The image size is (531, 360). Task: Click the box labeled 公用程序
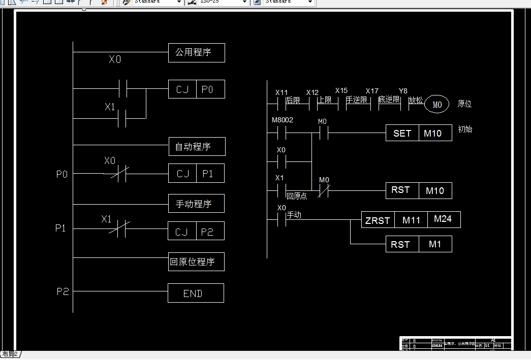[x=196, y=53]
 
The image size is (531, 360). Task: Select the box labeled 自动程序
[x=197, y=147]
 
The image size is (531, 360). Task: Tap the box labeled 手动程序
[x=196, y=204]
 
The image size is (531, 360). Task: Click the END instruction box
[x=196, y=293]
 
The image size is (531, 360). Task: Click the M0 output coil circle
[x=437, y=105]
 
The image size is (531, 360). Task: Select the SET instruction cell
[x=402, y=134]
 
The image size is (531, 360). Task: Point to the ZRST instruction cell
[x=378, y=220]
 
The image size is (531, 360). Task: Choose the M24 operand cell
[x=444, y=219]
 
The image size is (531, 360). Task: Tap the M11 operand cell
[x=411, y=220]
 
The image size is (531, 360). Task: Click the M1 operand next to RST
[x=435, y=244]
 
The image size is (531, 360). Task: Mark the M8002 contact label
[x=283, y=120]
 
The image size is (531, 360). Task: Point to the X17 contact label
[x=372, y=91]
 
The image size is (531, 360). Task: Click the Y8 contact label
[x=403, y=91]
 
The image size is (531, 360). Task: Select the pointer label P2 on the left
[x=63, y=292]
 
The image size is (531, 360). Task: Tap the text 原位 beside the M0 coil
[x=464, y=104]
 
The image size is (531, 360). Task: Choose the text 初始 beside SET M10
[x=465, y=129]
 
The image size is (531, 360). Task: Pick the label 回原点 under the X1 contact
[x=297, y=196]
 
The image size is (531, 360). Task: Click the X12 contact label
[x=312, y=93]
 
